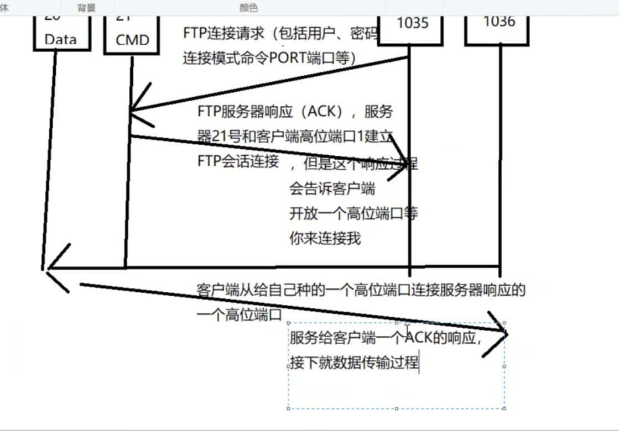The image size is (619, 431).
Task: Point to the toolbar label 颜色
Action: (249, 8)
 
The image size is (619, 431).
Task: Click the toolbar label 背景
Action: (86, 8)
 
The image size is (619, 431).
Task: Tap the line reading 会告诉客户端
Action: (332, 189)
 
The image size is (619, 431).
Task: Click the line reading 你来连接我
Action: (325, 238)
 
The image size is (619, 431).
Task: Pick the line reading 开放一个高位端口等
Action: (353, 214)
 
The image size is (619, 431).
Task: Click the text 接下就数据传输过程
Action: (355, 363)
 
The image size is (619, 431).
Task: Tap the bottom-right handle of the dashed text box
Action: (504, 409)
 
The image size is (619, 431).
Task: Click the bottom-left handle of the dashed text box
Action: (289, 409)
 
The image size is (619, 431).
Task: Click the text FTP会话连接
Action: (238, 161)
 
